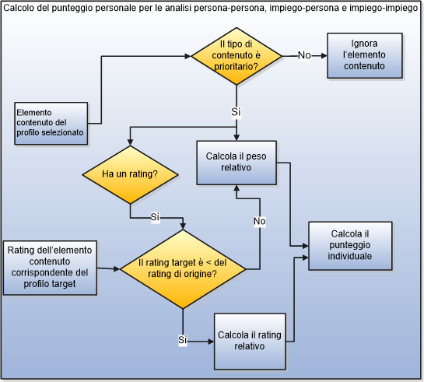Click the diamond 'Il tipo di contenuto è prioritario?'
click(x=239, y=55)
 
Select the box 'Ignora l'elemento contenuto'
click(x=364, y=55)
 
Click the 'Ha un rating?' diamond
click(x=130, y=174)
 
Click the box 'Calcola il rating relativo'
click(x=250, y=340)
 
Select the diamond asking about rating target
click(x=183, y=268)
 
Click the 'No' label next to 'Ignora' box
click(x=305, y=55)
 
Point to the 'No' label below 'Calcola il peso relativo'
click(x=259, y=222)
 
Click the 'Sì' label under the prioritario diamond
click(x=237, y=112)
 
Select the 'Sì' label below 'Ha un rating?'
click(x=155, y=216)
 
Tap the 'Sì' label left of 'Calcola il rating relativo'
click(x=183, y=340)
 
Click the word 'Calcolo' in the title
click(x=22, y=8)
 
